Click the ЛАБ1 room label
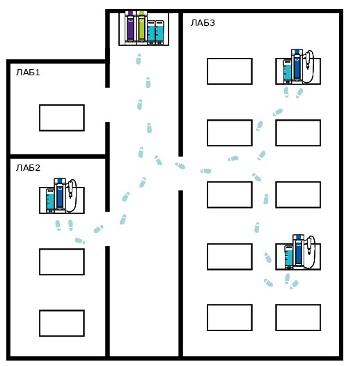tap(28, 73)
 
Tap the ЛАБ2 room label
tap(28, 167)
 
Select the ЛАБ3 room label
tap(203, 23)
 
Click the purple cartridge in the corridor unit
tap(130, 28)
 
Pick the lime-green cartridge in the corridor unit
tap(142, 28)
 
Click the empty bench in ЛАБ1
tap(62, 118)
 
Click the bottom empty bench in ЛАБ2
tap(62, 323)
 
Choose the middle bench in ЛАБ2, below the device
tap(62, 261)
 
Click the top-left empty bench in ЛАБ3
tap(230, 71)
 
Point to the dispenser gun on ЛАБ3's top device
tap(308, 60)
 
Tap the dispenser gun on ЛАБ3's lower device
tap(309, 246)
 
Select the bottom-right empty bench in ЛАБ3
tap(298, 317)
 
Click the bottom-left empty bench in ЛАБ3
tap(230, 317)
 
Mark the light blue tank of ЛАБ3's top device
tap(288, 71)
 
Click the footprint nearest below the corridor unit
tap(139, 59)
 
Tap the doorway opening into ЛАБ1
tap(107, 105)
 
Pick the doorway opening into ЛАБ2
tap(107, 229)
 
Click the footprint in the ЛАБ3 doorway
tap(180, 166)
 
